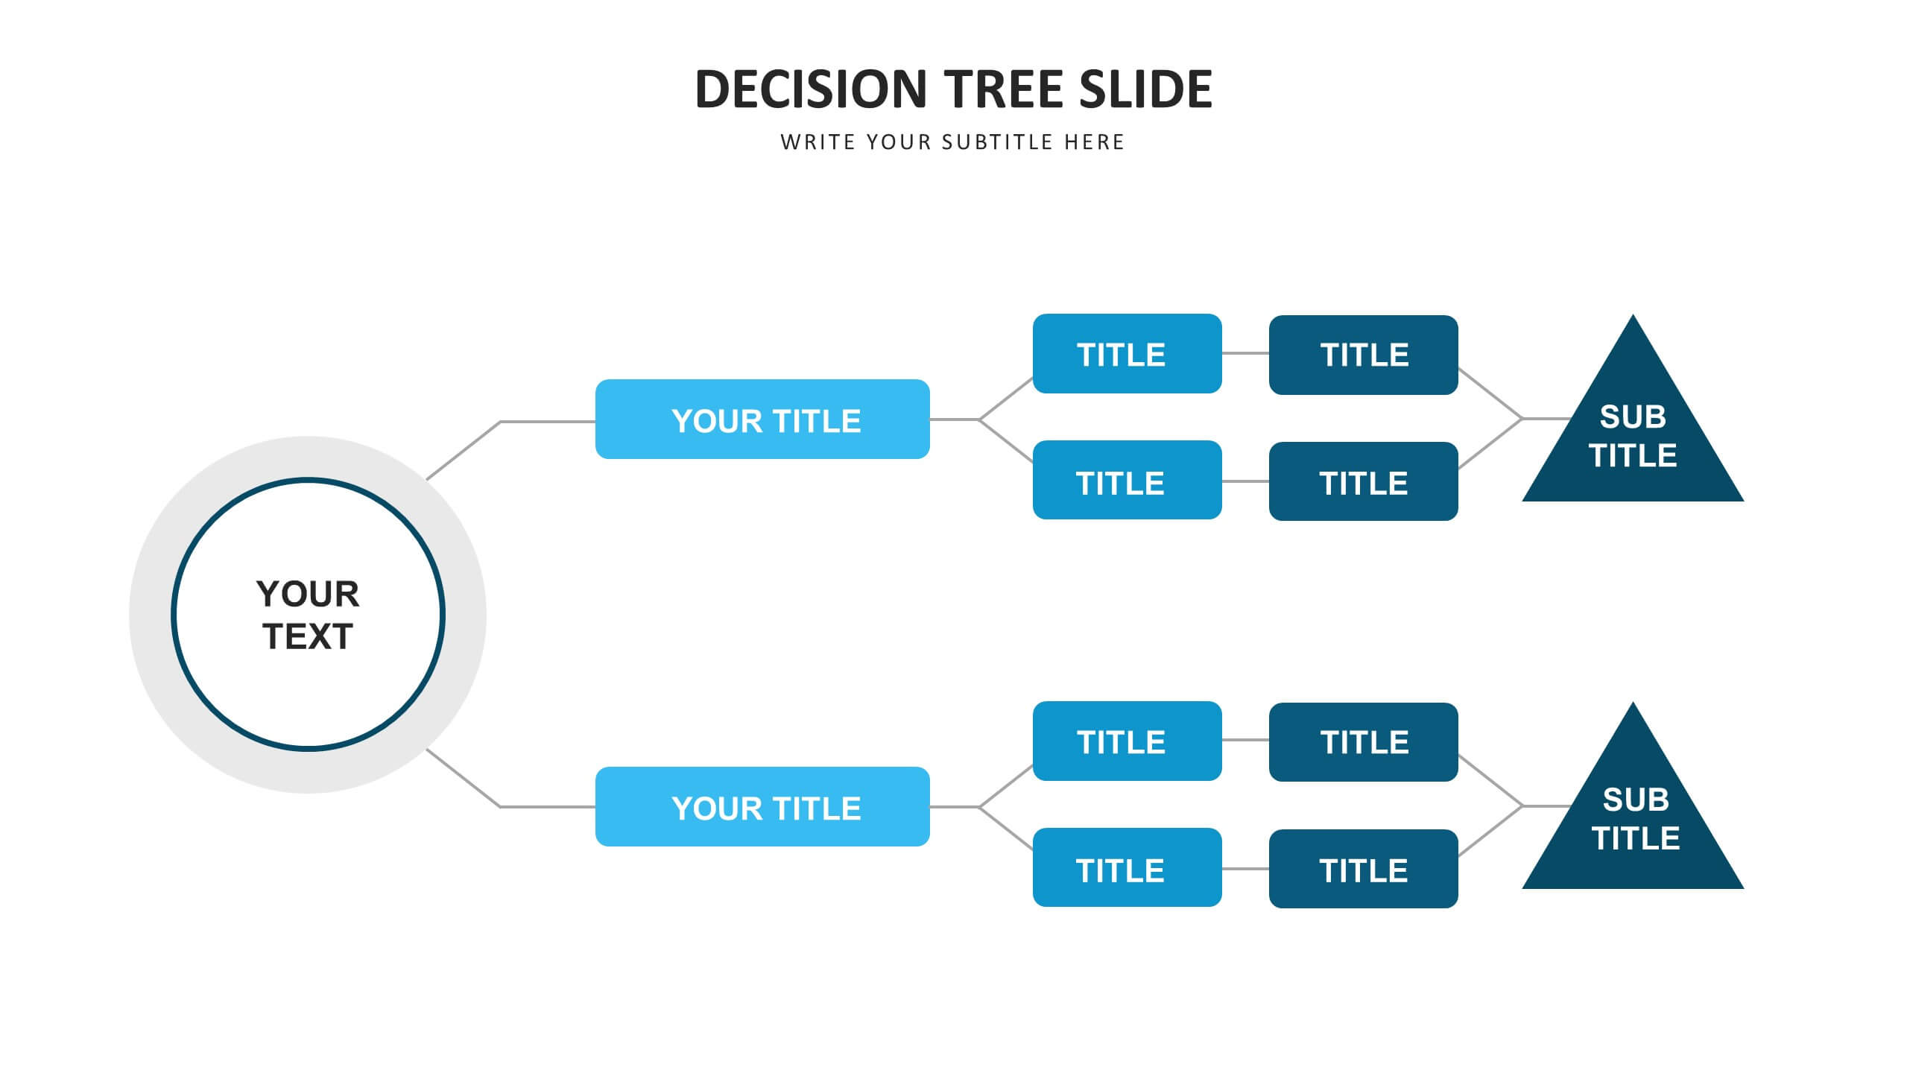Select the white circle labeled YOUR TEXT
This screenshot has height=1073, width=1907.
click(308, 614)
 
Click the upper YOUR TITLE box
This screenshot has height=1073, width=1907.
click(762, 420)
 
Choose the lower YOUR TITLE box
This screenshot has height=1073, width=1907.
click(762, 806)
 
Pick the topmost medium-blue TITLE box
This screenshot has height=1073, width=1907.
click(1128, 353)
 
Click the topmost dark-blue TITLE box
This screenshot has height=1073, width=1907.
click(1364, 355)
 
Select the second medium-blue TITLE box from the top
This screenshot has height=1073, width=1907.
click(1128, 480)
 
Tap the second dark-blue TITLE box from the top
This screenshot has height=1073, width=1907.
click(1364, 481)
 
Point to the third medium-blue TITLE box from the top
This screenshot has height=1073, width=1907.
click(1128, 741)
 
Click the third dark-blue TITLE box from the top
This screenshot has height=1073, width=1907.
click(1364, 742)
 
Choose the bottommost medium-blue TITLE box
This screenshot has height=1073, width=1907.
click(1128, 867)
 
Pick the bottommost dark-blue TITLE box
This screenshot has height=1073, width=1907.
click(1364, 869)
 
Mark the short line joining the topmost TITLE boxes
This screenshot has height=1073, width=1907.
click(1246, 353)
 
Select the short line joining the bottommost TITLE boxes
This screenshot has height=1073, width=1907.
click(1246, 869)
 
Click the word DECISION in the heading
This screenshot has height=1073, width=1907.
click(811, 89)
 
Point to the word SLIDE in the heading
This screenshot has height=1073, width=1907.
click(1146, 89)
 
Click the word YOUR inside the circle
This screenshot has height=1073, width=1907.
click(308, 594)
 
